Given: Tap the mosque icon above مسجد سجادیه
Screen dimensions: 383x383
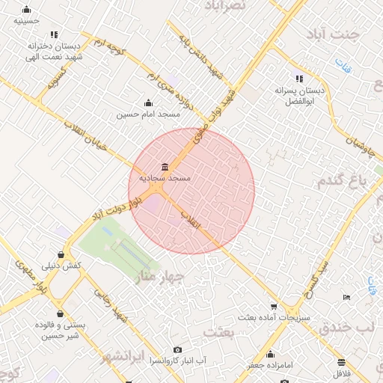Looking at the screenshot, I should coord(165,166).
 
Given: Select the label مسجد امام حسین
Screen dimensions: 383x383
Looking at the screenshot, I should coord(148,114).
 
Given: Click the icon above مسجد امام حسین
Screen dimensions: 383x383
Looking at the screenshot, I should coord(148,103).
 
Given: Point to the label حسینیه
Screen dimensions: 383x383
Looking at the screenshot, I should coord(27,22).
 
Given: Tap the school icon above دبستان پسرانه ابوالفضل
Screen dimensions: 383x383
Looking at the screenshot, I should coord(299,79).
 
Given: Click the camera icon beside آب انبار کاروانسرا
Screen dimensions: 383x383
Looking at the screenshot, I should coord(177,349).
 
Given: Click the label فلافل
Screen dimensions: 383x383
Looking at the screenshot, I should coord(341,372).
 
